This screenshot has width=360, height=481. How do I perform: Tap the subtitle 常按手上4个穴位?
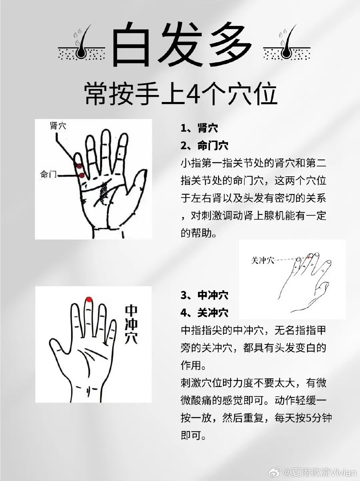tap(181, 94)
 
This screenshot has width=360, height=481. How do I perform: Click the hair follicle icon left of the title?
tap(81, 45)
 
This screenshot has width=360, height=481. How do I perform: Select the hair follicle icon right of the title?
tap(287, 45)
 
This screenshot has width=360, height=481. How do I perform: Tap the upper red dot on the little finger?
tap(79, 166)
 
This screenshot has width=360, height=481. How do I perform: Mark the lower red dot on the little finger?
tap(82, 175)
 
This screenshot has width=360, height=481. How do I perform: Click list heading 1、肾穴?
tap(199, 128)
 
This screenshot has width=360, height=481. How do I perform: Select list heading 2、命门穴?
tap(204, 146)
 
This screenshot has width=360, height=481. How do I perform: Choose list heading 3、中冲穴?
tap(204, 295)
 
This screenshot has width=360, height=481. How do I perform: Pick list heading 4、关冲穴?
tap(204, 313)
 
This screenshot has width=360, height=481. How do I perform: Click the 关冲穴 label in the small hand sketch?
tap(262, 260)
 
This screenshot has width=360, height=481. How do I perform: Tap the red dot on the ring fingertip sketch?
tap(309, 257)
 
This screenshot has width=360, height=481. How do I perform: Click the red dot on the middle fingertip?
tap(89, 299)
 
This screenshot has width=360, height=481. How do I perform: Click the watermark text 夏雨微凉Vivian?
tap(319, 473)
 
